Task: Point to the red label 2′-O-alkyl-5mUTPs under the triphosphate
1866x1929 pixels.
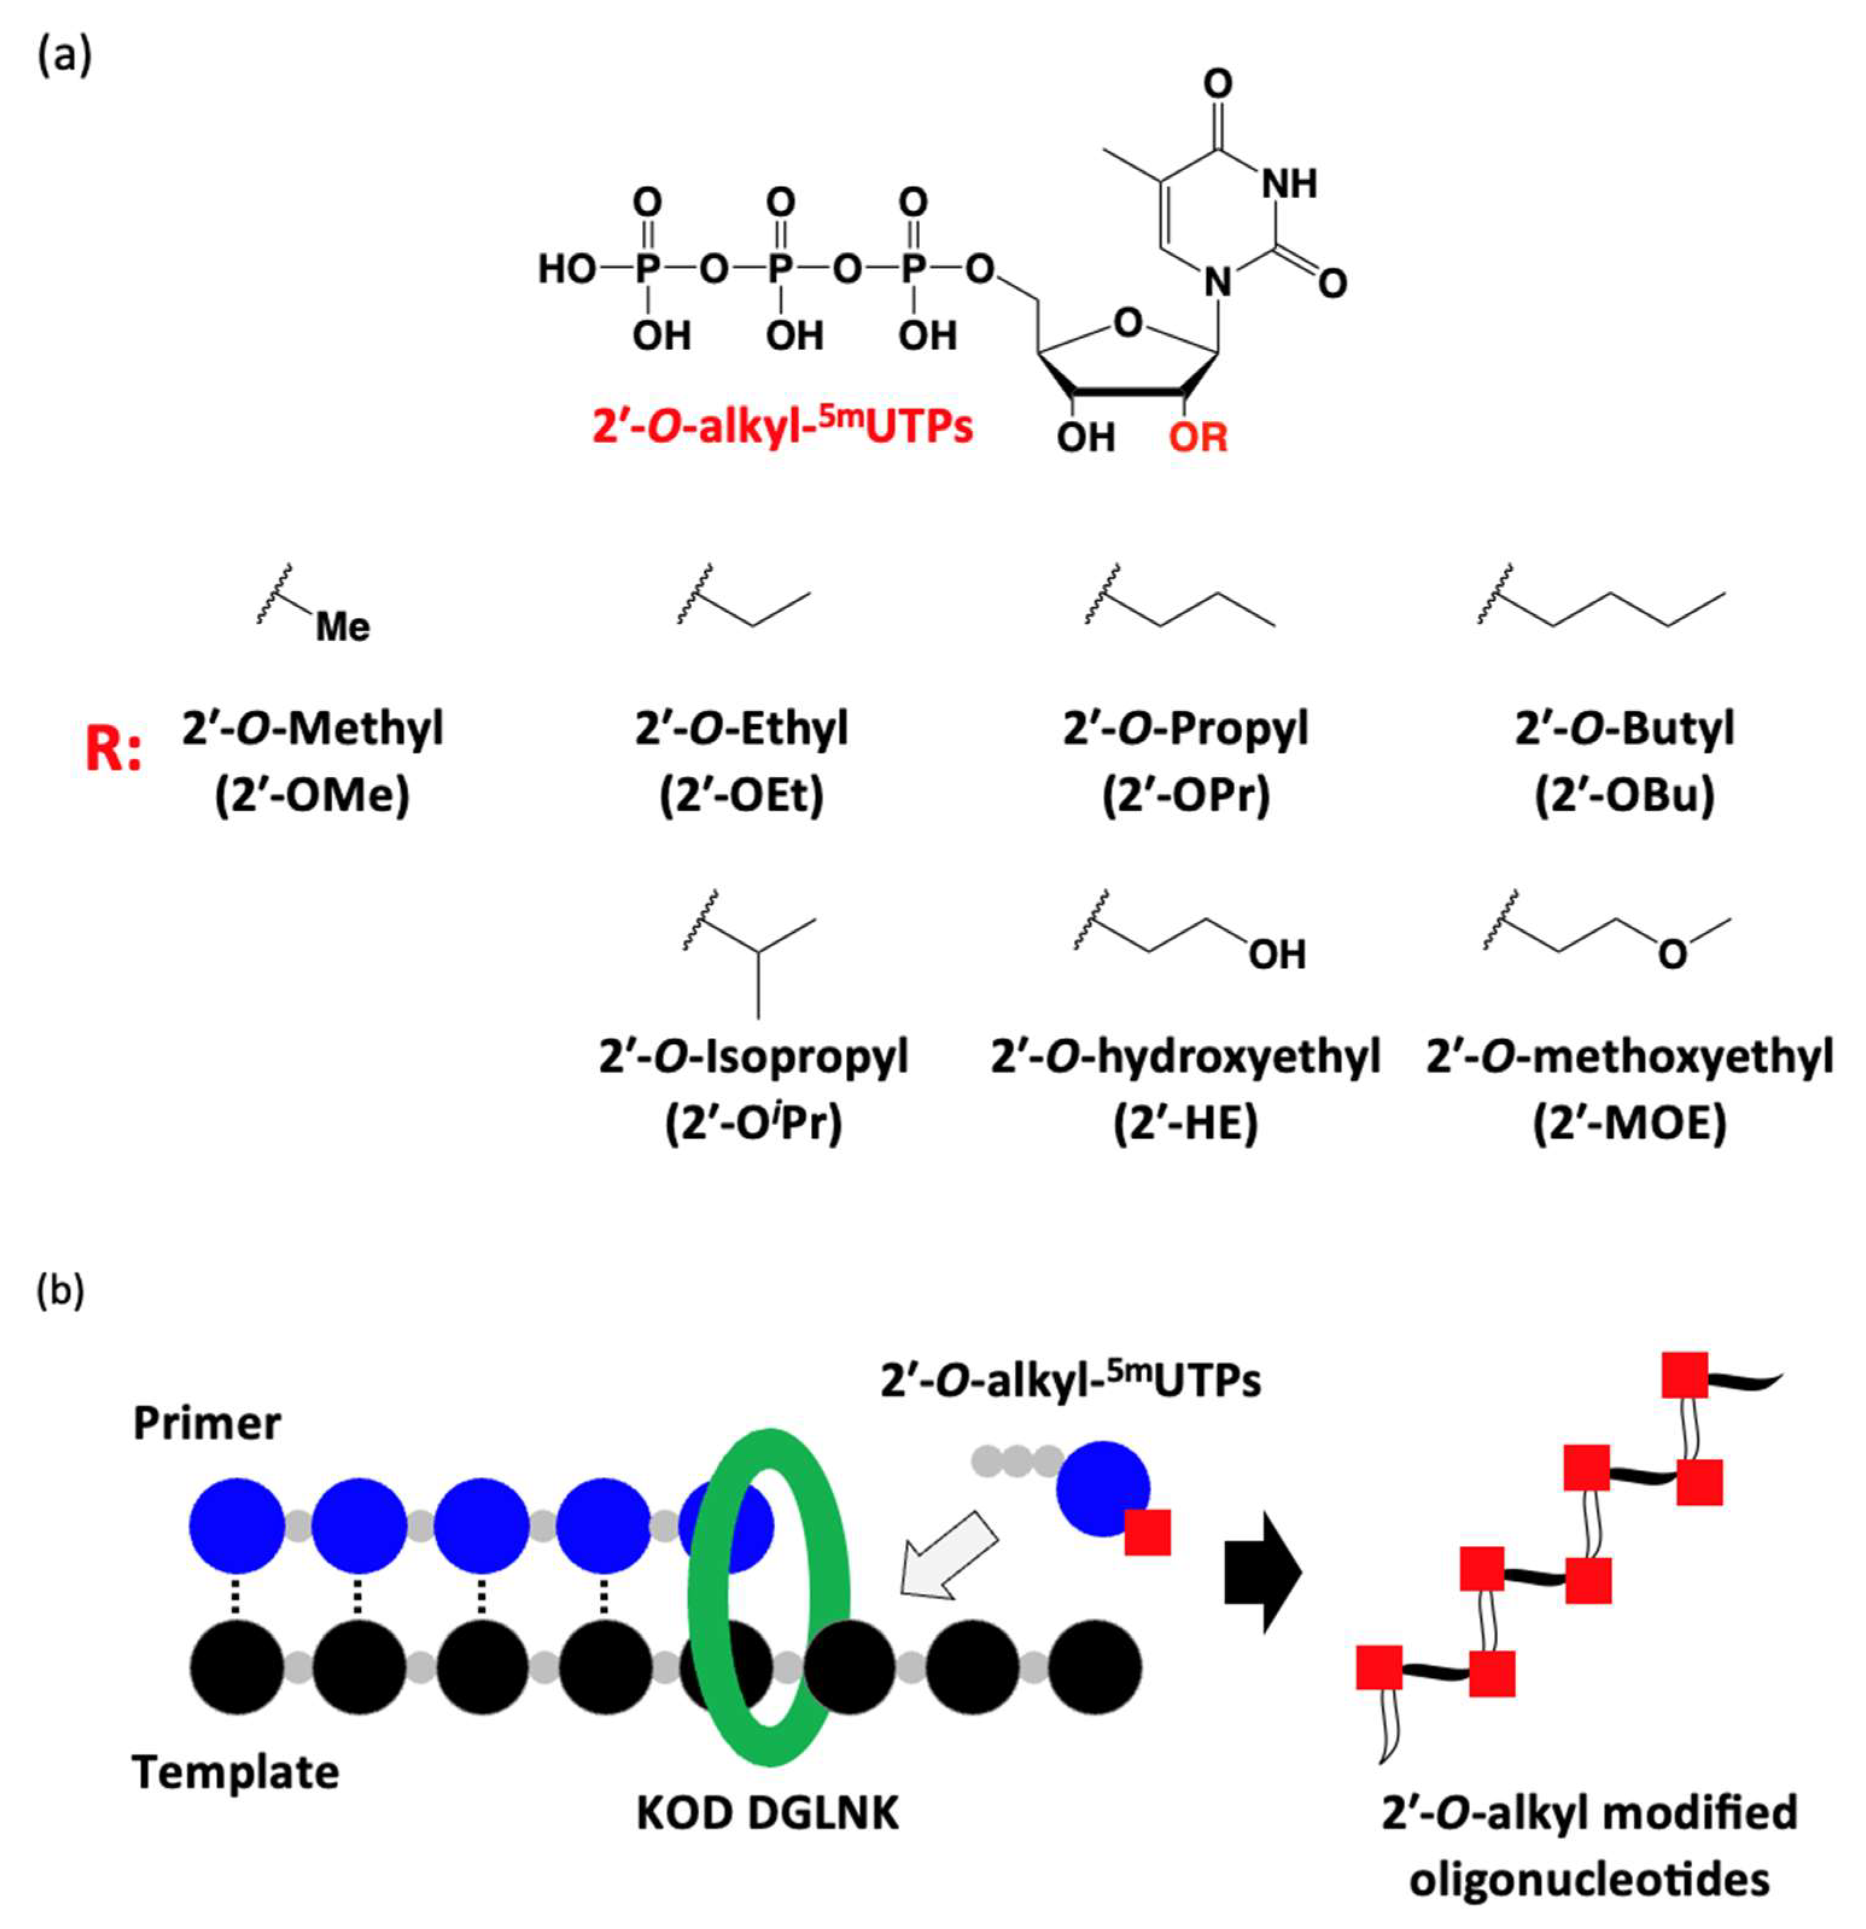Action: (x=782, y=428)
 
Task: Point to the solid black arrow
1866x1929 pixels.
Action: (x=1263, y=1573)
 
